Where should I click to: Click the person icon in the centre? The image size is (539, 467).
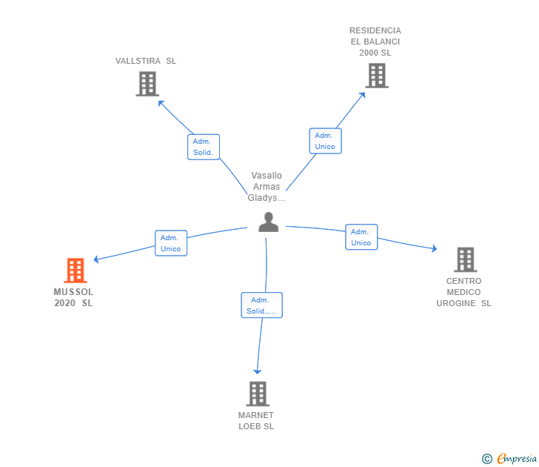coord(268,222)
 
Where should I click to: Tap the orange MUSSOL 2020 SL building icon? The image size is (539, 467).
coord(75,271)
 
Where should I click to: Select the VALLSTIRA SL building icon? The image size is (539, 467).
coord(147,84)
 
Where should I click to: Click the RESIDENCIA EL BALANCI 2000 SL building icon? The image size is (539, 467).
coord(376,76)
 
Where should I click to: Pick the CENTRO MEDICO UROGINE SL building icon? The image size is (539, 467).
coord(464,259)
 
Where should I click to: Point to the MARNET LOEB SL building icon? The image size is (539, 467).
coord(257,394)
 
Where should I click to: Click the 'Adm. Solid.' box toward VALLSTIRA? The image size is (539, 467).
coord(203,147)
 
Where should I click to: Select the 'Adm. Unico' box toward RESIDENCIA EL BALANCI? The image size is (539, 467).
coord(325,141)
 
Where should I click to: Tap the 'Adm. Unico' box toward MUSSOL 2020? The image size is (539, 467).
coord(171,243)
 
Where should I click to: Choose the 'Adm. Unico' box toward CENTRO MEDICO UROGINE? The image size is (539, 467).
coord(361,237)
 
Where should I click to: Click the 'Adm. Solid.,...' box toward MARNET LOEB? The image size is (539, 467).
coord(261,305)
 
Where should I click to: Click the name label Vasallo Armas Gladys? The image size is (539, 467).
coord(267,187)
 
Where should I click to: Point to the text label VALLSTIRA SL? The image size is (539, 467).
coord(146,61)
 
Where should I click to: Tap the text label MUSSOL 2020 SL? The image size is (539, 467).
coord(73,297)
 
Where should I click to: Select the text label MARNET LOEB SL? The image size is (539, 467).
coord(256,420)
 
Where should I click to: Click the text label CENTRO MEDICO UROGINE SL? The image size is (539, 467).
coord(463,292)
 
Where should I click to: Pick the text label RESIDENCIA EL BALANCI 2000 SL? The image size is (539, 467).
coord(375,42)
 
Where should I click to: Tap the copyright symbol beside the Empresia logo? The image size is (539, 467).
coord(487,459)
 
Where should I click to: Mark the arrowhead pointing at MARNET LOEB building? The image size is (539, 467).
coord(257,370)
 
